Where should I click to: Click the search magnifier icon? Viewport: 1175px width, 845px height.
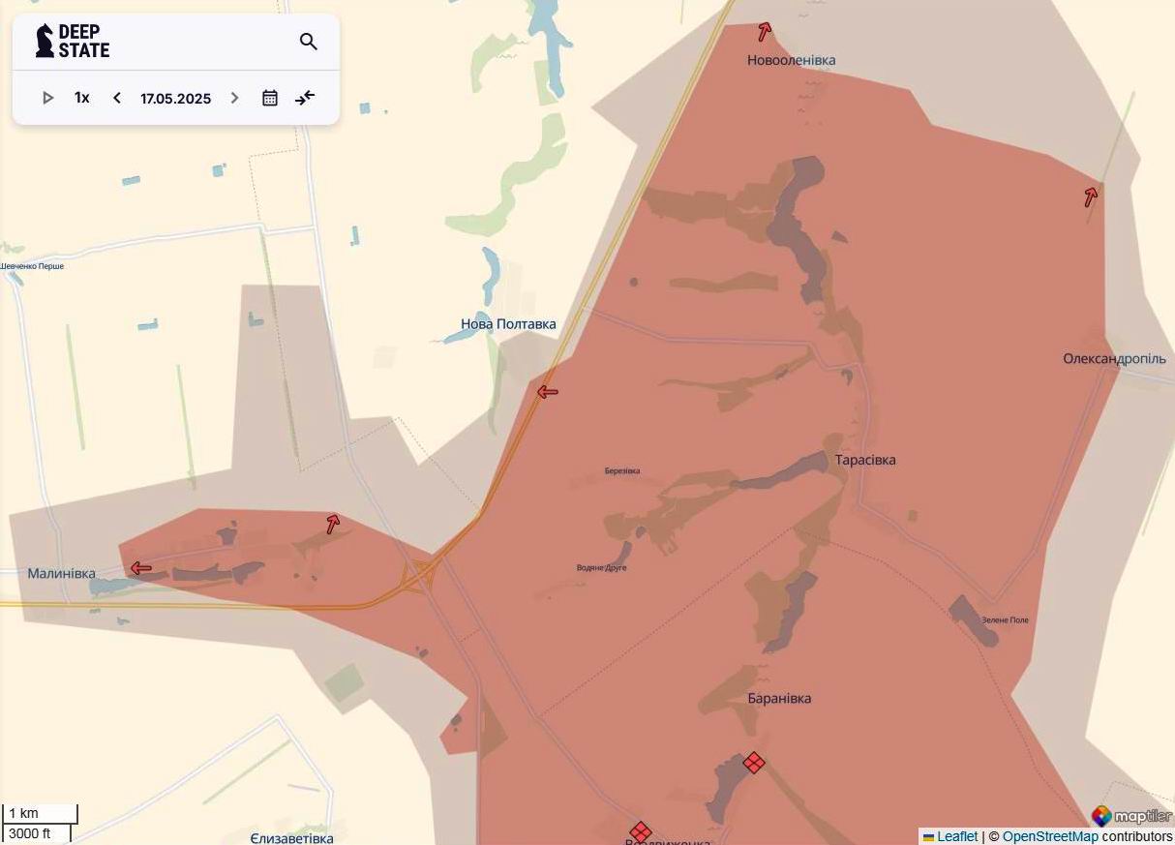(309, 42)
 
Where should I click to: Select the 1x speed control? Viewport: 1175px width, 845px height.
(82, 98)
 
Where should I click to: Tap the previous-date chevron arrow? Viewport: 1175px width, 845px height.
(117, 98)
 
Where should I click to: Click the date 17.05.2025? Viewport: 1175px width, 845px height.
(175, 99)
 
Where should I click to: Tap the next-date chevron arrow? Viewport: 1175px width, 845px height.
(234, 98)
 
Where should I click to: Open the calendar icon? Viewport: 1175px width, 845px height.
(270, 98)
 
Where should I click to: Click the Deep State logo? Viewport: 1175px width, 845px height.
(73, 42)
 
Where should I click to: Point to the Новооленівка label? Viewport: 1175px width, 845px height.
(791, 60)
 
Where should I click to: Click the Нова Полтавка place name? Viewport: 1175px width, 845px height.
(508, 324)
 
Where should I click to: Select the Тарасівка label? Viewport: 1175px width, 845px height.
(865, 460)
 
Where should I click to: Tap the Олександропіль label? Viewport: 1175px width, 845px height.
(1114, 358)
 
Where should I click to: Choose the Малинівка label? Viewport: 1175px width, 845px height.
(61, 573)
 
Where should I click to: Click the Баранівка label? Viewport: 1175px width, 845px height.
(779, 698)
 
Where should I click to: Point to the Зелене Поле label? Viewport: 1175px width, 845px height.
(1005, 619)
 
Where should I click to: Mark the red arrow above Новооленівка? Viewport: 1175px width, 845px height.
(764, 32)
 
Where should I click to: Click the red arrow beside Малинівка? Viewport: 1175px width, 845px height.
(141, 568)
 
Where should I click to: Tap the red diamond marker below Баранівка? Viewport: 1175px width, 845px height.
(754, 763)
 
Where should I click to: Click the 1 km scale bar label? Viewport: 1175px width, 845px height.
(24, 813)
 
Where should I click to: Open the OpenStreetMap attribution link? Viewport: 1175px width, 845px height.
(1050, 836)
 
